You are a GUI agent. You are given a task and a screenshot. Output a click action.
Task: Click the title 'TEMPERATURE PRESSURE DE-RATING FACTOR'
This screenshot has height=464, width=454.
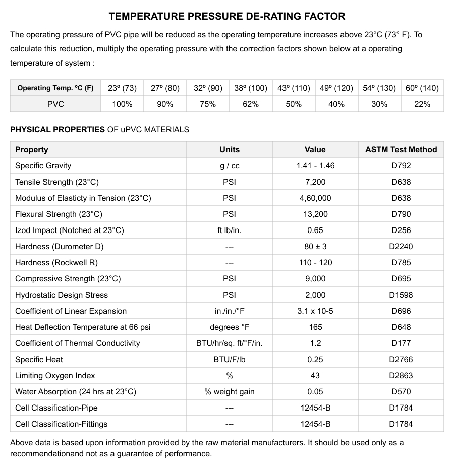pyautogui.click(x=227, y=16)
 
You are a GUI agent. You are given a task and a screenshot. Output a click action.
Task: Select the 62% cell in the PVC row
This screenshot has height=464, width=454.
pyautogui.click(x=251, y=104)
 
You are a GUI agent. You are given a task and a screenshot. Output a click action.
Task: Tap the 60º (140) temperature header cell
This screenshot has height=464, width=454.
pyautogui.click(x=422, y=88)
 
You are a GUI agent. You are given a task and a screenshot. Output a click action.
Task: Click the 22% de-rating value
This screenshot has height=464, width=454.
pyautogui.click(x=422, y=104)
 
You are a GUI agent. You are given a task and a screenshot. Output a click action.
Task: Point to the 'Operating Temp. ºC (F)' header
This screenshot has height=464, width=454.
pyautogui.click(x=55, y=88)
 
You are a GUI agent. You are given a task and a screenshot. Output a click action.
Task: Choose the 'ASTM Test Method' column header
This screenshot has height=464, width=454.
pyautogui.click(x=401, y=150)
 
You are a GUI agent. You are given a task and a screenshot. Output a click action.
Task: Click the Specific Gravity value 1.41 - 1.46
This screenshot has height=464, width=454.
pyautogui.click(x=315, y=166)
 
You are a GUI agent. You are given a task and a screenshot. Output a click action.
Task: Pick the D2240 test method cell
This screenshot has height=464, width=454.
pyautogui.click(x=401, y=247)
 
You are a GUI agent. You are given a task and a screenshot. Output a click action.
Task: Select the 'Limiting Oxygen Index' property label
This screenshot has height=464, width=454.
pyautogui.click(x=55, y=376)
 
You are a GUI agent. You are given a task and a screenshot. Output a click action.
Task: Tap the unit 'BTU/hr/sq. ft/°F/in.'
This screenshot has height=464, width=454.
pyautogui.click(x=230, y=343)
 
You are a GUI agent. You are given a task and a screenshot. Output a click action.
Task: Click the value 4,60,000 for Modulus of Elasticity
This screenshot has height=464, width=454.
pyautogui.click(x=315, y=198)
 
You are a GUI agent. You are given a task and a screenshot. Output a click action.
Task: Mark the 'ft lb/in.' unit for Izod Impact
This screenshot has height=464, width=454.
pyautogui.click(x=230, y=230)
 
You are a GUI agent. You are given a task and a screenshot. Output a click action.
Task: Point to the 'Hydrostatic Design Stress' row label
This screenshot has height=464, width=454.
pyautogui.click(x=62, y=295)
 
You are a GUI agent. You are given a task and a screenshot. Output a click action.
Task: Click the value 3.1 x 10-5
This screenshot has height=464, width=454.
pyautogui.click(x=315, y=311)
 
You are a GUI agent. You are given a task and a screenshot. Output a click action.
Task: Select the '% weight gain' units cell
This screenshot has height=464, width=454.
pyautogui.click(x=230, y=392)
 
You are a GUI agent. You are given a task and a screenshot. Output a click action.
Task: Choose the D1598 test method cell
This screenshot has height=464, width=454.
pyautogui.click(x=401, y=295)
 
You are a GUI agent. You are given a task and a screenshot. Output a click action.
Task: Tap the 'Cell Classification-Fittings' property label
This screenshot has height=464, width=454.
pyautogui.click(x=61, y=424)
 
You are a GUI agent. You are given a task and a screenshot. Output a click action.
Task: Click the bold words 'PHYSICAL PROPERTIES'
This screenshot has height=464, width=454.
pyautogui.click(x=58, y=130)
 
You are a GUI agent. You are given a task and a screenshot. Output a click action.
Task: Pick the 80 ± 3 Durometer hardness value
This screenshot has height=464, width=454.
pyautogui.click(x=315, y=247)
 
